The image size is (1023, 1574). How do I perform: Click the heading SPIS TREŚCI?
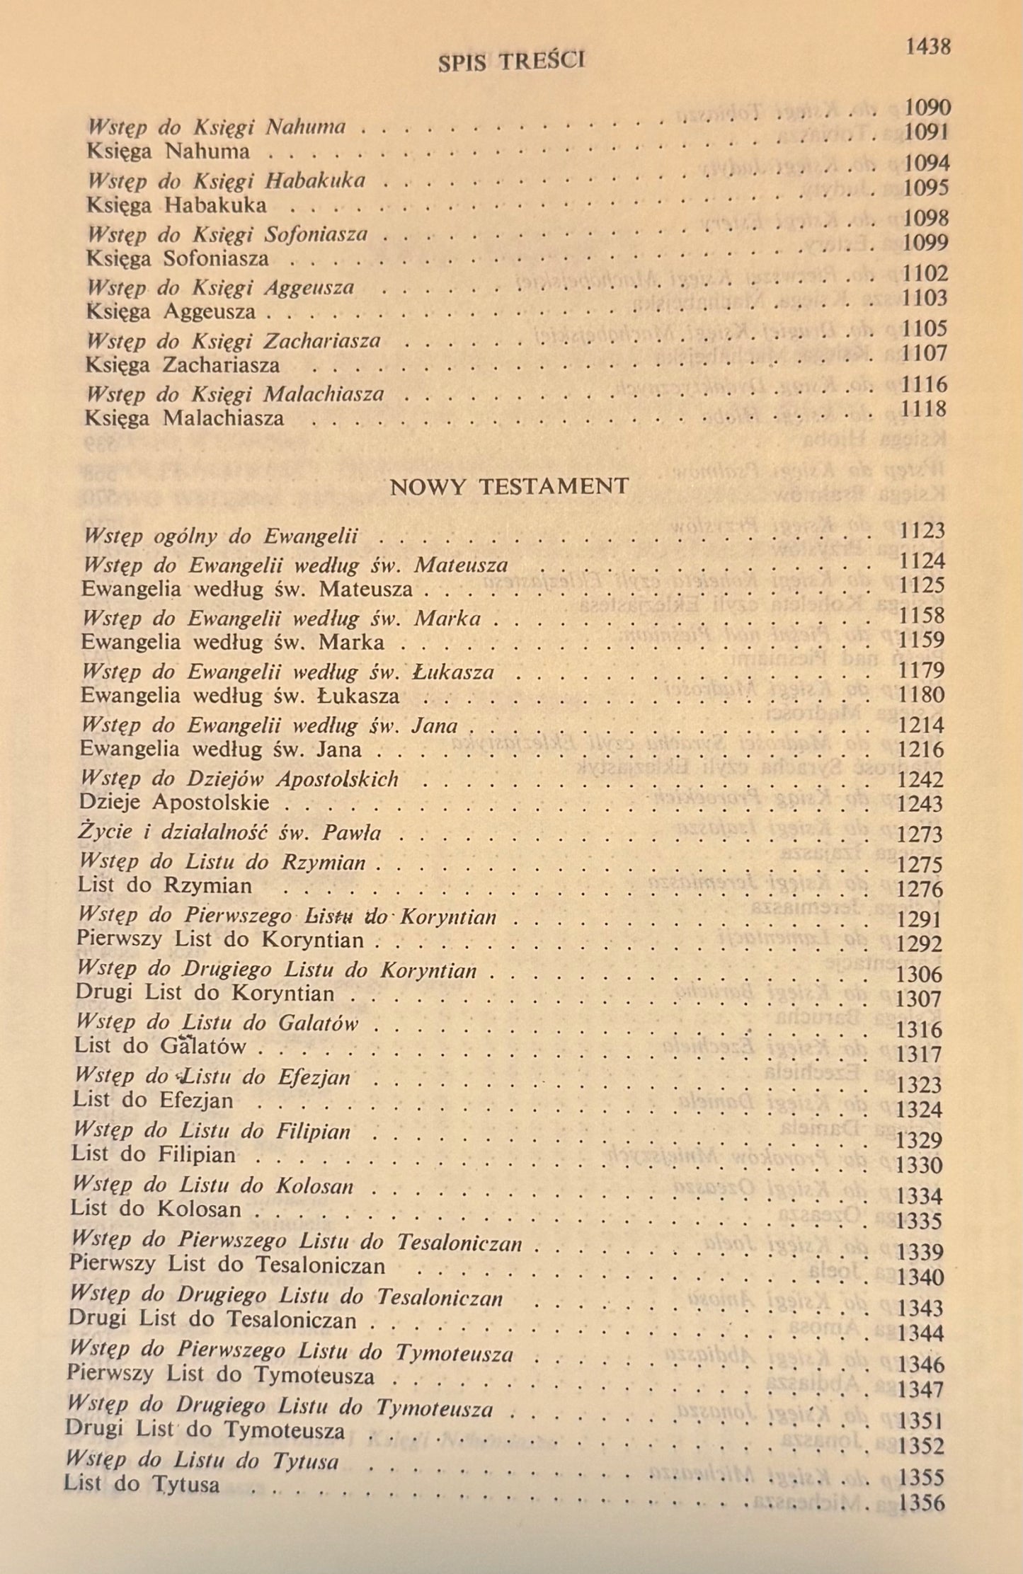pos(511,62)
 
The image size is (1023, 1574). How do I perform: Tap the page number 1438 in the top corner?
pos(927,47)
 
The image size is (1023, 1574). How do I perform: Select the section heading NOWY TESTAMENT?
pos(509,486)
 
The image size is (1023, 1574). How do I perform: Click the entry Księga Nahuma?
pos(168,152)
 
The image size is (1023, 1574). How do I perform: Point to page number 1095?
pos(927,188)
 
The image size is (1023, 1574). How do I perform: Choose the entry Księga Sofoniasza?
pos(177,258)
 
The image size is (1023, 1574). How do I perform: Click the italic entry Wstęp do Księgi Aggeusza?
pos(220,288)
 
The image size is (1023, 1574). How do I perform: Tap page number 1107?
pos(925,352)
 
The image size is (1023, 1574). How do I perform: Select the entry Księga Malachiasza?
pos(184,418)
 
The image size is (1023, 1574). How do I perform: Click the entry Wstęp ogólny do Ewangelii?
pos(220,536)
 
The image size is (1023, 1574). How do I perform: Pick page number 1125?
pos(922,585)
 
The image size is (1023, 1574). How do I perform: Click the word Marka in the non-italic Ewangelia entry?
pos(351,642)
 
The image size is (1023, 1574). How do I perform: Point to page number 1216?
pos(920,749)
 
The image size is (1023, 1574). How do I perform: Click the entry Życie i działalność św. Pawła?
pos(230,832)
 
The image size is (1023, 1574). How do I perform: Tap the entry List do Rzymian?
pos(164,885)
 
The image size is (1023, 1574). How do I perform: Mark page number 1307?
pos(919,999)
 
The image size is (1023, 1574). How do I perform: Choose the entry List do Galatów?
pos(160,1046)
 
